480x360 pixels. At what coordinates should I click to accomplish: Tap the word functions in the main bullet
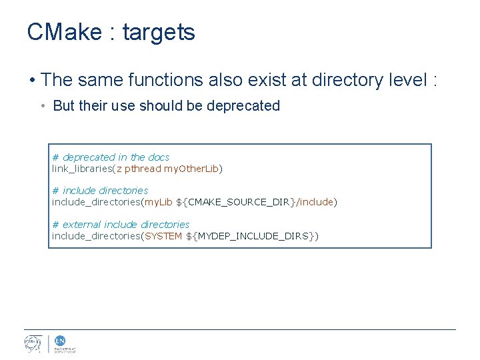(x=169, y=80)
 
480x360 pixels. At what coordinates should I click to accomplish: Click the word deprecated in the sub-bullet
(x=243, y=106)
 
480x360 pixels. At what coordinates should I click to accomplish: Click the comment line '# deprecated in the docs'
(x=111, y=157)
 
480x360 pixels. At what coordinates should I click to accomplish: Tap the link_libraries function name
(x=82, y=169)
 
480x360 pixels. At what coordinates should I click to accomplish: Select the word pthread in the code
(x=143, y=169)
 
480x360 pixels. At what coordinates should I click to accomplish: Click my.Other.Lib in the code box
(x=192, y=169)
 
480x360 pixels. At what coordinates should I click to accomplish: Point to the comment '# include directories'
(x=100, y=191)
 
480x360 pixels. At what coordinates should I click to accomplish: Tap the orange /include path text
(x=315, y=201)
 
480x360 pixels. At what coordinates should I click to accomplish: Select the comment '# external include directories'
(x=121, y=225)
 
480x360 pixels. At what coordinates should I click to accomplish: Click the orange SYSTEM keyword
(x=163, y=235)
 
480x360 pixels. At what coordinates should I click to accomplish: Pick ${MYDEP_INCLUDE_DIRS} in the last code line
(x=251, y=235)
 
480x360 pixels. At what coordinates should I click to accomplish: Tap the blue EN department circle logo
(x=60, y=340)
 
